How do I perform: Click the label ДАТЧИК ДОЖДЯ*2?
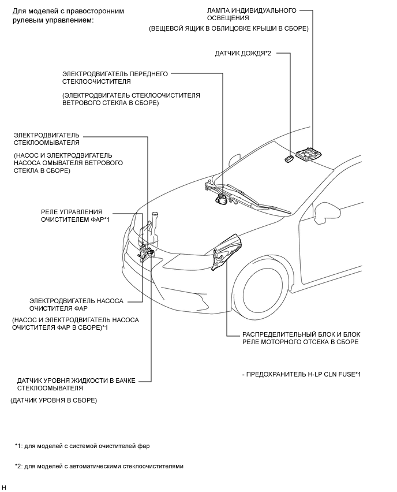point(243,53)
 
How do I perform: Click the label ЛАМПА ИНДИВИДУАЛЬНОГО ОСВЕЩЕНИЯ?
point(252,14)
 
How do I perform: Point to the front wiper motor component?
point(222,199)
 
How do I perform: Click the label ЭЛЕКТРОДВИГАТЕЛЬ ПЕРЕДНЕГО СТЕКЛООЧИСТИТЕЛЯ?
point(115,78)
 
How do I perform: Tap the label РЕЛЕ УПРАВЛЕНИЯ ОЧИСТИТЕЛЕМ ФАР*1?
point(75,215)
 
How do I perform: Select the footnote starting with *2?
point(99,466)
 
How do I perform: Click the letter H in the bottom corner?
point(5,487)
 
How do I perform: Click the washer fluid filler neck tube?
point(154,222)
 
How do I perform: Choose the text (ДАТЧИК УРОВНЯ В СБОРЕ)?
point(54,400)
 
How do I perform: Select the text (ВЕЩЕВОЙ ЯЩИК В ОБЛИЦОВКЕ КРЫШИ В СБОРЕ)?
point(229,28)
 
